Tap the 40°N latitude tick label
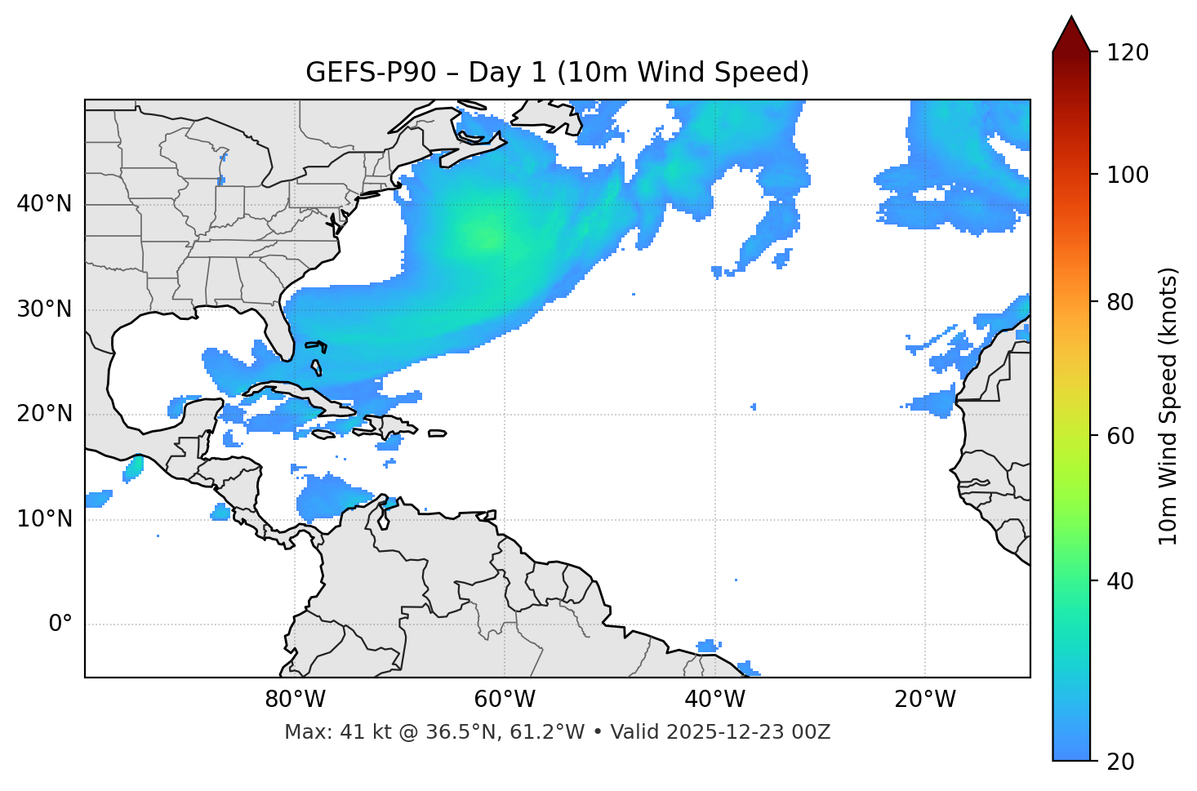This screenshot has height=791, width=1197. pos(44,204)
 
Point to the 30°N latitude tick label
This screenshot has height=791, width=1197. pos(44,309)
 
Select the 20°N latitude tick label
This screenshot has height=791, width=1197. pos(44,414)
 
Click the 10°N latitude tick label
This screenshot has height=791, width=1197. pos(44,519)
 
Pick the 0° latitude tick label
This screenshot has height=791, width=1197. pos(60,624)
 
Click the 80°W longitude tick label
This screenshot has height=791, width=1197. pos(295,700)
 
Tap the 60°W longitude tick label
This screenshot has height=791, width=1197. pos(505,700)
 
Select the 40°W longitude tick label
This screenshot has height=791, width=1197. pos(714,700)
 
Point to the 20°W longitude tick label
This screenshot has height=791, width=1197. pos(924,700)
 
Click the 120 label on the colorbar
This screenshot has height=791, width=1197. pos(1128,53)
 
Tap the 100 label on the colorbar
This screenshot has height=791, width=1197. pos(1128,175)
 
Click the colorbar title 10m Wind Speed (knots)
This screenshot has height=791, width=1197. pos(1168,406)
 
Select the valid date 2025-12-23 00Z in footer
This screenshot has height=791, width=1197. pos(747,732)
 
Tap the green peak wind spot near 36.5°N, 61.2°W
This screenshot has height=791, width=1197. pos(488,238)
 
